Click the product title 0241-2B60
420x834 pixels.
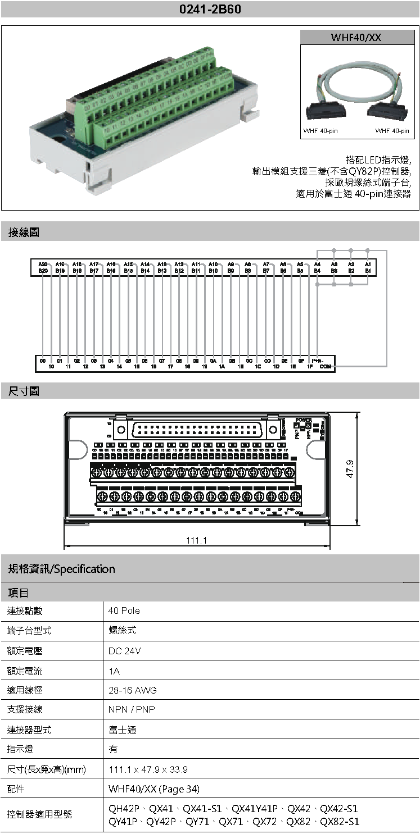pos(210,10)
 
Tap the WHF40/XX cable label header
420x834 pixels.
pos(357,37)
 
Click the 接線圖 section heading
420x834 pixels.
pos(23,231)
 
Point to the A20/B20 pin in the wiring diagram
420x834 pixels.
pos(43,267)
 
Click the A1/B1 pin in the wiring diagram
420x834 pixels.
pos(368,267)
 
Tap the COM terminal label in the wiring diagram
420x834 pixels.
pos(325,367)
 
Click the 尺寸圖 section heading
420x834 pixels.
pos(23,391)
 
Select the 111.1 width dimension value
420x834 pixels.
pos(197,540)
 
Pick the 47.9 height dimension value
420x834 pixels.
pos(350,469)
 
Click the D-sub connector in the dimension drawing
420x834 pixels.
pos(197,431)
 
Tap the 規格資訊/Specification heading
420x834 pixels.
pos(61,569)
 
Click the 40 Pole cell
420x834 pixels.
pos(124,611)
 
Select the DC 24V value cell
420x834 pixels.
pos(124,651)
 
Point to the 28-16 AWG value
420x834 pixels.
pos(132,690)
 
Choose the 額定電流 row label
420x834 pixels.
pos(25,671)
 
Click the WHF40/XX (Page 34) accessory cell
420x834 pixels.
pos(153,789)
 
